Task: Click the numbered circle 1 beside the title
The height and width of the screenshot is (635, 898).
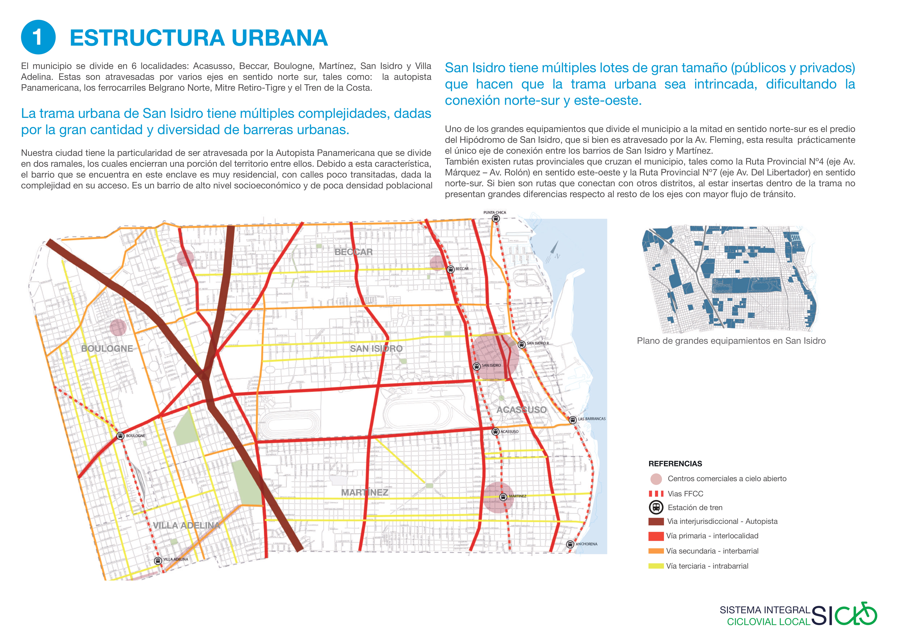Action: click(x=38, y=37)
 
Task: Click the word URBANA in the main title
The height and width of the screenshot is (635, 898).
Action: click(x=279, y=38)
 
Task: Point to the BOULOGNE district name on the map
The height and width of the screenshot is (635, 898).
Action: click(x=107, y=349)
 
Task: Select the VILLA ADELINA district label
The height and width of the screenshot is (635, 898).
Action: click(x=186, y=525)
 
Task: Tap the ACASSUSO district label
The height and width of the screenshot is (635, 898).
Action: click(x=521, y=410)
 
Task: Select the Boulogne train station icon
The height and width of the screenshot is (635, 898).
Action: click(x=121, y=436)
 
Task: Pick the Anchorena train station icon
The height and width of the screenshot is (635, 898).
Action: click(x=570, y=544)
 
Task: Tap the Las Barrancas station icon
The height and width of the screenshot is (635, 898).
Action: click(x=573, y=420)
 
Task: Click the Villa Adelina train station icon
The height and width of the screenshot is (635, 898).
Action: click(x=158, y=561)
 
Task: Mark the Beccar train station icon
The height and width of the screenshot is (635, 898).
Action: click(x=451, y=269)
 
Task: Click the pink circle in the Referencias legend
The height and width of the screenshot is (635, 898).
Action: click(x=656, y=479)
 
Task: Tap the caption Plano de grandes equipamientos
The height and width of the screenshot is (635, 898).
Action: click(x=731, y=341)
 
